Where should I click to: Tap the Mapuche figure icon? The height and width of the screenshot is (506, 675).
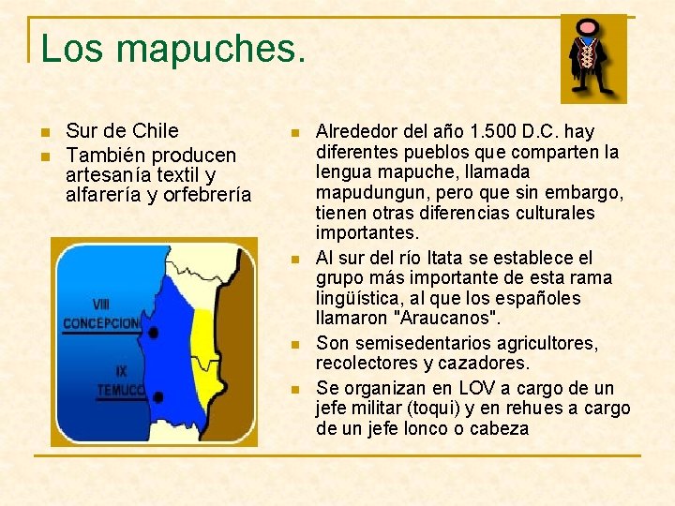[x=588, y=59]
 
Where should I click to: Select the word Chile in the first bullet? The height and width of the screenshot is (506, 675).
[x=155, y=131]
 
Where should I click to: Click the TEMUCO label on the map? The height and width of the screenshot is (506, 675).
[x=120, y=390]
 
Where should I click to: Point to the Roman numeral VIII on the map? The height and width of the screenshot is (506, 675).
[x=101, y=305]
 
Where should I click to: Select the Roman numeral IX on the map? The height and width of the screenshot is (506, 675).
[x=122, y=372]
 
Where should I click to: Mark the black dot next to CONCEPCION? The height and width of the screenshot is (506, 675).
[x=153, y=332]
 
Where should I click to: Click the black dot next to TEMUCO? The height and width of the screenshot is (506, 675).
[x=157, y=397]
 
